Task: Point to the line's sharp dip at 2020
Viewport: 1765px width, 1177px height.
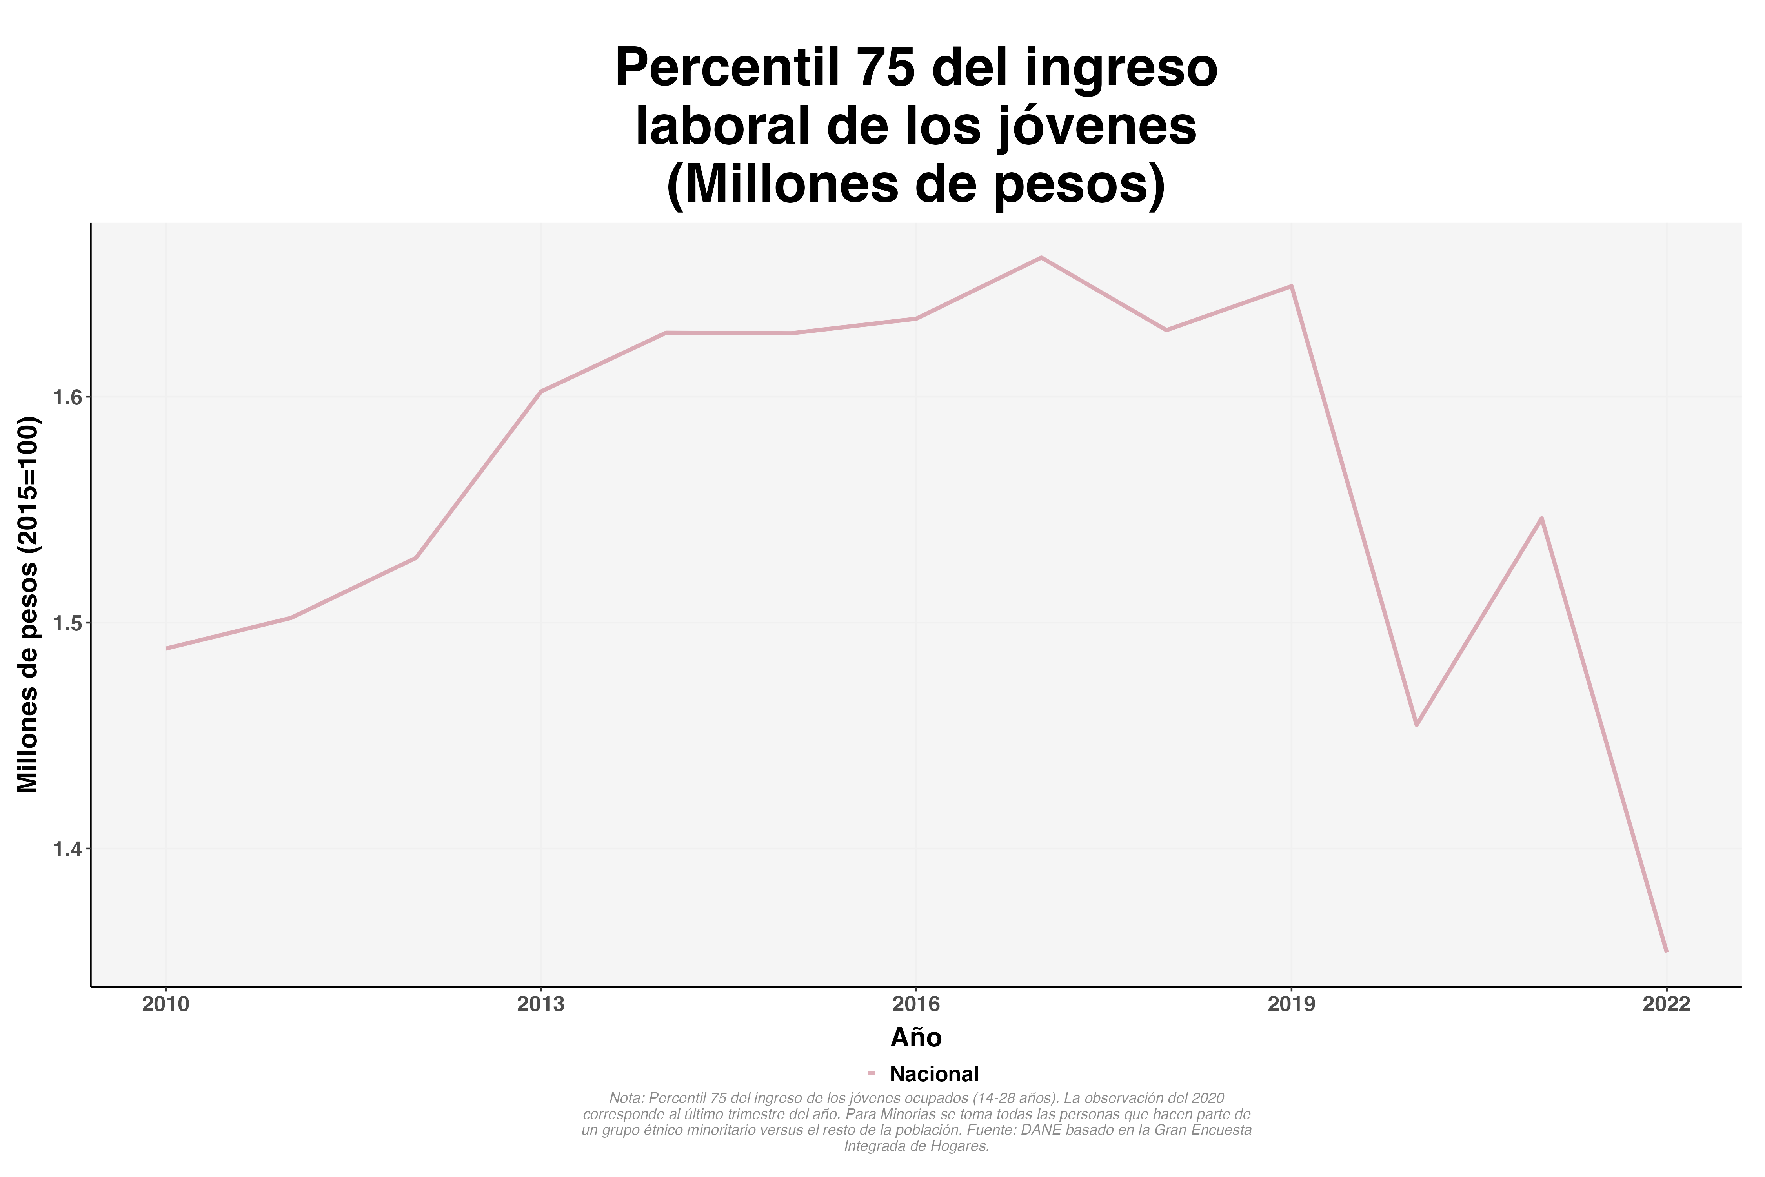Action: pyautogui.click(x=1416, y=725)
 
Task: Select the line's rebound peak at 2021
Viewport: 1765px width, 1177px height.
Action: pyautogui.click(x=1541, y=518)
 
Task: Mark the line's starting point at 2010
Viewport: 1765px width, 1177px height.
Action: pyautogui.click(x=167, y=648)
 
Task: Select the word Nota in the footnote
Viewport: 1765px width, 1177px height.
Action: pyautogui.click(x=626, y=1098)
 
